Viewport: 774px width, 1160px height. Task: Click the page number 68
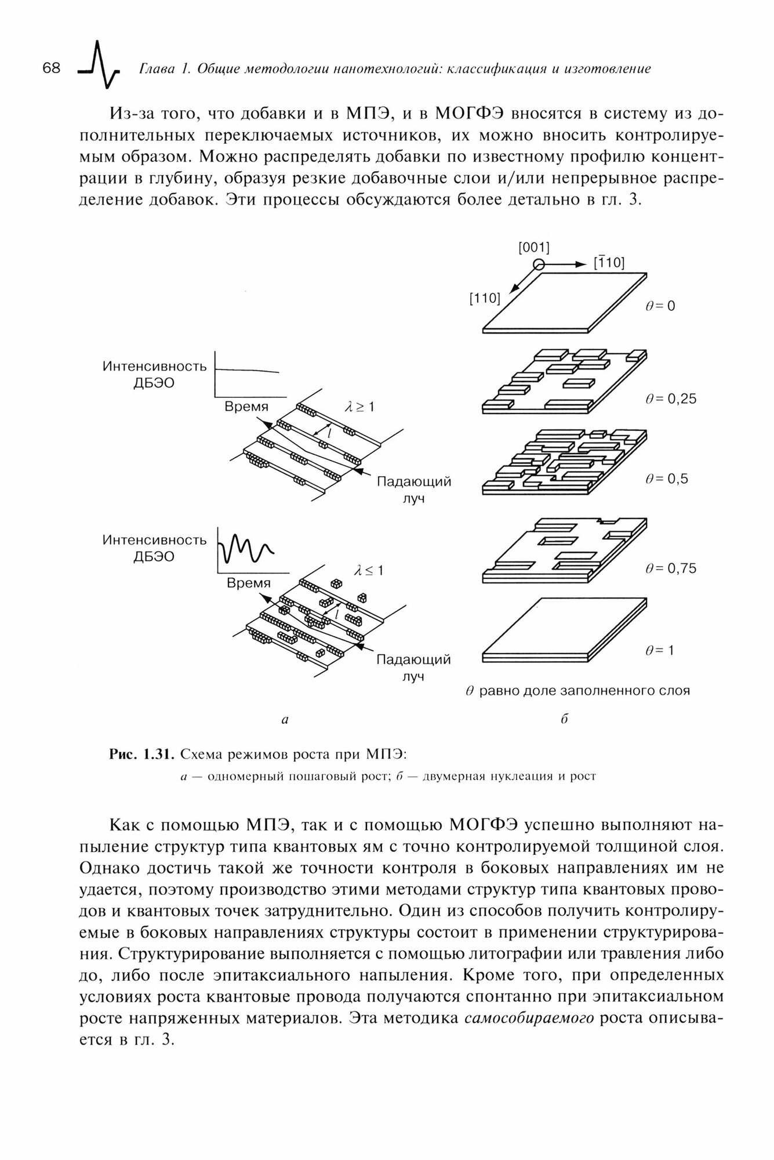(x=52, y=68)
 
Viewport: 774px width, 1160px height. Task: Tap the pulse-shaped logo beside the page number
(x=99, y=65)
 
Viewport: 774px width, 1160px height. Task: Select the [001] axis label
(x=533, y=248)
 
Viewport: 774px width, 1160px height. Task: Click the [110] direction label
(x=485, y=299)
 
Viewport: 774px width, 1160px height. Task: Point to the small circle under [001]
(x=539, y=264)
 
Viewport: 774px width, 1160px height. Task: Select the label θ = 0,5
(x=666, y=479)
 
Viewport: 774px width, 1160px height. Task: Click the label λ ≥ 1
(x=360, y=407)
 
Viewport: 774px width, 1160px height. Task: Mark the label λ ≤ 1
(x=369, y=571)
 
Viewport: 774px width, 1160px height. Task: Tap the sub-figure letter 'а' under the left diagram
(x=284, y=720)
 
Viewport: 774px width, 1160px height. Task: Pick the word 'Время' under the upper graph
(x=247, y=407)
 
